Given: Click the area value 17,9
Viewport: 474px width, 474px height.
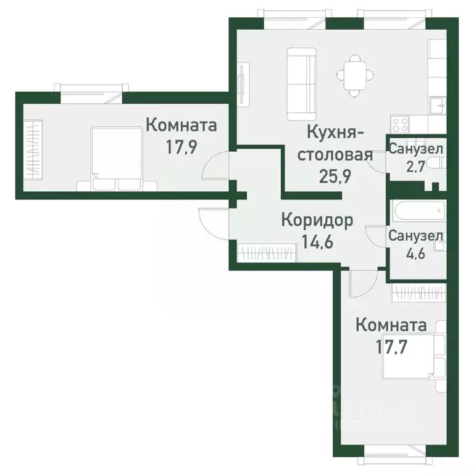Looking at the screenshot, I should (x=181, y=149).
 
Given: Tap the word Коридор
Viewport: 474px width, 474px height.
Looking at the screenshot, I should (x=317, y=220).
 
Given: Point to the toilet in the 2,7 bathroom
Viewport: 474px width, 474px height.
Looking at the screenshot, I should (x=436, y=163).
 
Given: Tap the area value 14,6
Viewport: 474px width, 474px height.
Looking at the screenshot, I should (x=317, y=241).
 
